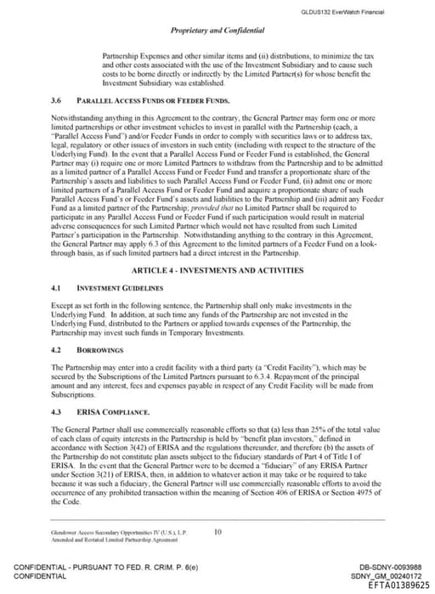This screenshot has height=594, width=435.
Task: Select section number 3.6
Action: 58,99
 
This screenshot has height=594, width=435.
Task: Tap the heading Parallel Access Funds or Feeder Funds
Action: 159,99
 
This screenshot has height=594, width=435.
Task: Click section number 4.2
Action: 58,348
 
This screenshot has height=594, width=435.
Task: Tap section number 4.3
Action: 58,411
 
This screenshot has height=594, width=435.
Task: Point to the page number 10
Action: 217,532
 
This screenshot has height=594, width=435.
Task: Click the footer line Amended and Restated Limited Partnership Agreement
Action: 119,540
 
